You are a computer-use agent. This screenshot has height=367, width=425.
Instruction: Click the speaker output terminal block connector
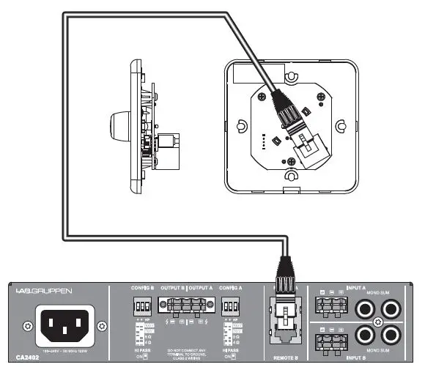pyautogui.click(x=185, y=305)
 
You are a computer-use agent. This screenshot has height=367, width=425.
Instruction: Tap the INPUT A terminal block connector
pyautogui.click(x=330, y=302)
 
